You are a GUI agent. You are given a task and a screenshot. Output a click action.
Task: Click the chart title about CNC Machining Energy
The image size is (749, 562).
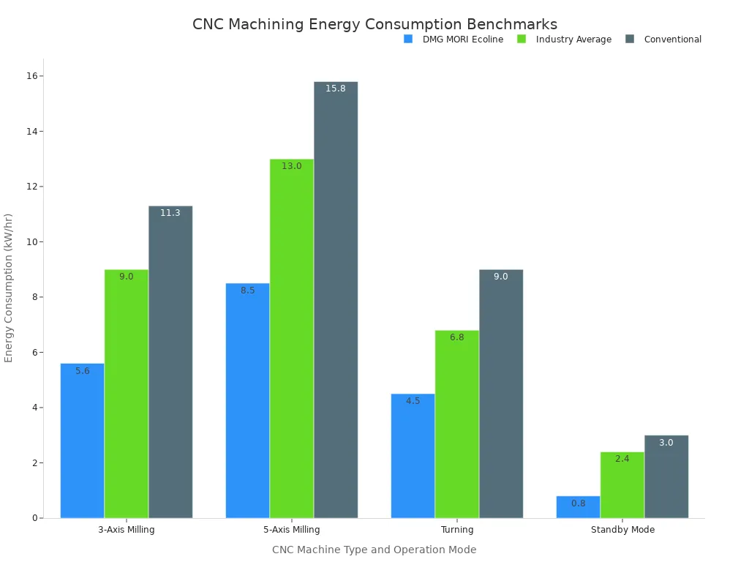pos(374,24)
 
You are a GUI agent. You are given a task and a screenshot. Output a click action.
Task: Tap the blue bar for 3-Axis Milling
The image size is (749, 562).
pos(82,441)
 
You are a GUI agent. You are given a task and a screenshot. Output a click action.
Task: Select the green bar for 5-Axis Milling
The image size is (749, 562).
pos(292,338)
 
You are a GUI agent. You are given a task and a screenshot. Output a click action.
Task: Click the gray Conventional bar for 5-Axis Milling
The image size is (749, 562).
pos(336,300)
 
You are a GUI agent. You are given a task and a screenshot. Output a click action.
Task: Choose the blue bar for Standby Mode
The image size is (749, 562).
pos(578,507)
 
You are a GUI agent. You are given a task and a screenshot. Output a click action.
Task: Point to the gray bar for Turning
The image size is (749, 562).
pos(501,394)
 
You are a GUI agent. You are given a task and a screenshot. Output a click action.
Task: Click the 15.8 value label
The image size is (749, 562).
pos(336,89)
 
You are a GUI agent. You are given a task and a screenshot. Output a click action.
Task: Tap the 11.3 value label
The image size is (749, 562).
pos(170,213)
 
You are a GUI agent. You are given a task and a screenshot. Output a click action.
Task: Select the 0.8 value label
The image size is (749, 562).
pos(578,503)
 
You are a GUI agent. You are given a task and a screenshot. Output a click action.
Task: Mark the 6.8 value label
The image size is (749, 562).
pos(457,337)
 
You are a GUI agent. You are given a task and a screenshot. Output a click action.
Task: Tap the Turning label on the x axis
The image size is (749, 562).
pos(457,530)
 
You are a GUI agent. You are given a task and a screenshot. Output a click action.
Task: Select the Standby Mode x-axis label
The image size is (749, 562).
pos(622,530)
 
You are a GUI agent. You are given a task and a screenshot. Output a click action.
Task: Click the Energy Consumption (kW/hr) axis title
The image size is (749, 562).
pos(9,288)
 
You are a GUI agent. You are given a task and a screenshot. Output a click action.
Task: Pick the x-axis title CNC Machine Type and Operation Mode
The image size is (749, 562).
pos(374,550)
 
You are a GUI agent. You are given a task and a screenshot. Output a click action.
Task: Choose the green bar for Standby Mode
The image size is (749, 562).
pos(622,485)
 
